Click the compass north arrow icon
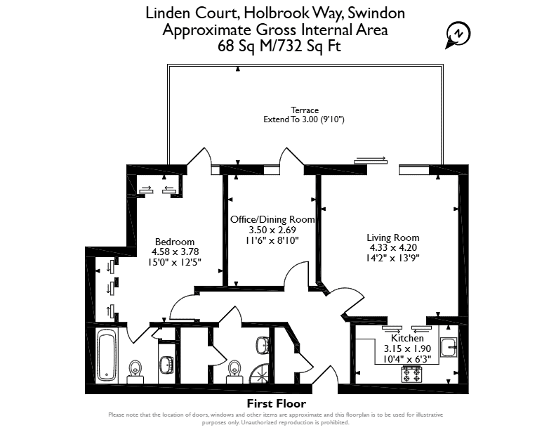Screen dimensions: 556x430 [458, 35]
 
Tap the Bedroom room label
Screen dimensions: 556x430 [175, 242]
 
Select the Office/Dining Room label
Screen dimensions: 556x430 [272, 219]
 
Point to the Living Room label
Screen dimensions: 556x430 [393, 237]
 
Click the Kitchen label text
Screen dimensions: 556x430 [407, 338]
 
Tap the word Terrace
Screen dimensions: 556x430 [305, 110]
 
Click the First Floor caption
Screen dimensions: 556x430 [276, 404]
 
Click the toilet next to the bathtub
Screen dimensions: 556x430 [135, 371]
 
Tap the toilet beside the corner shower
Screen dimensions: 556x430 [234, 372]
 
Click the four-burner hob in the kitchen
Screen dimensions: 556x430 [411, 374]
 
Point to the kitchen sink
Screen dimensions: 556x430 [449, 346]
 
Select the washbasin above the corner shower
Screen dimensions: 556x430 [263, 344]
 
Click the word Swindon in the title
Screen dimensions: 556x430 [376, 13]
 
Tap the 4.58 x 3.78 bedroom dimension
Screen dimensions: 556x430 [176, 252]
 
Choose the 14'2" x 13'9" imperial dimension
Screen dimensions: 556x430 [393, 258]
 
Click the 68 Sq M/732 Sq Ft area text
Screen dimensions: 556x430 [279, 46]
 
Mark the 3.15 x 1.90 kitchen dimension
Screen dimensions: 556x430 [407, 348]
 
